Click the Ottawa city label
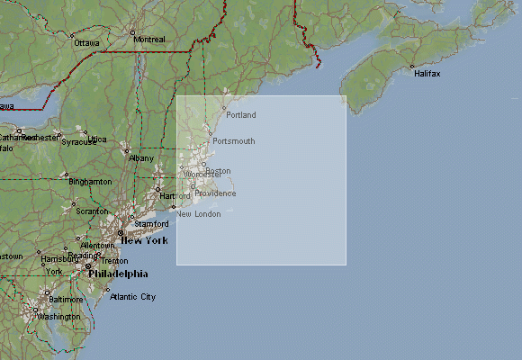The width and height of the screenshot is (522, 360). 86,42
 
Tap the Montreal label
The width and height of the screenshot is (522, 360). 148,40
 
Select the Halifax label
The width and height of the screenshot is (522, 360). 427,74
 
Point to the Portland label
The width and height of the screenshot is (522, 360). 241,115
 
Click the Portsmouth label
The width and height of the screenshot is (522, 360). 234,141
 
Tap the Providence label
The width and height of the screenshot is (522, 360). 216,193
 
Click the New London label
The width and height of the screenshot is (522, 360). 198,213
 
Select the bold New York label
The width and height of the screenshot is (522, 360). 145,240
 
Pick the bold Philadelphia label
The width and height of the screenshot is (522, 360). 118,274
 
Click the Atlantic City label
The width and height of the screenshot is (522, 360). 132,297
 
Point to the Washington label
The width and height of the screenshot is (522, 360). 59,317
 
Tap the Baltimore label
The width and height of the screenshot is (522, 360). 65,299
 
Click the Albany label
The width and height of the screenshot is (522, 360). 141,157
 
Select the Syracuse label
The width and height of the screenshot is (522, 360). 78,142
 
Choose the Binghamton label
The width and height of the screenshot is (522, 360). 91,182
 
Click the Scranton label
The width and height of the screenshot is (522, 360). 91,211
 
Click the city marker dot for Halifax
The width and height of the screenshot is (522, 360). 411,67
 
